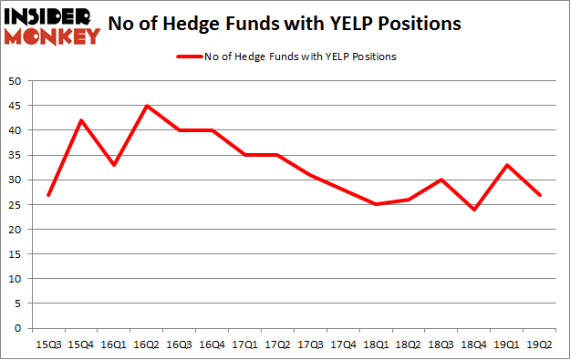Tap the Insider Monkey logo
point(54,25)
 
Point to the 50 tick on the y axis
point(16,81)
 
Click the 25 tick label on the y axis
point(16,205)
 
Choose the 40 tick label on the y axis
point(16,130)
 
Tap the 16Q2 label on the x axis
point(147,345)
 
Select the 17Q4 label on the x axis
point(344,345)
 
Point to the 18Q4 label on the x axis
point(475,345)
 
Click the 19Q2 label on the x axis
point(541,345)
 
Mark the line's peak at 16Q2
point(147,106)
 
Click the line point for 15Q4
point(81,120)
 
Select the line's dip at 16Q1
point(114,165)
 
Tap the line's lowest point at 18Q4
point(475,210)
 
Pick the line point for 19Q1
point(508,165)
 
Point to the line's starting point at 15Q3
point(48,195)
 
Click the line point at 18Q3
point(442,180)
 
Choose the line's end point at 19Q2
point(541,195)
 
